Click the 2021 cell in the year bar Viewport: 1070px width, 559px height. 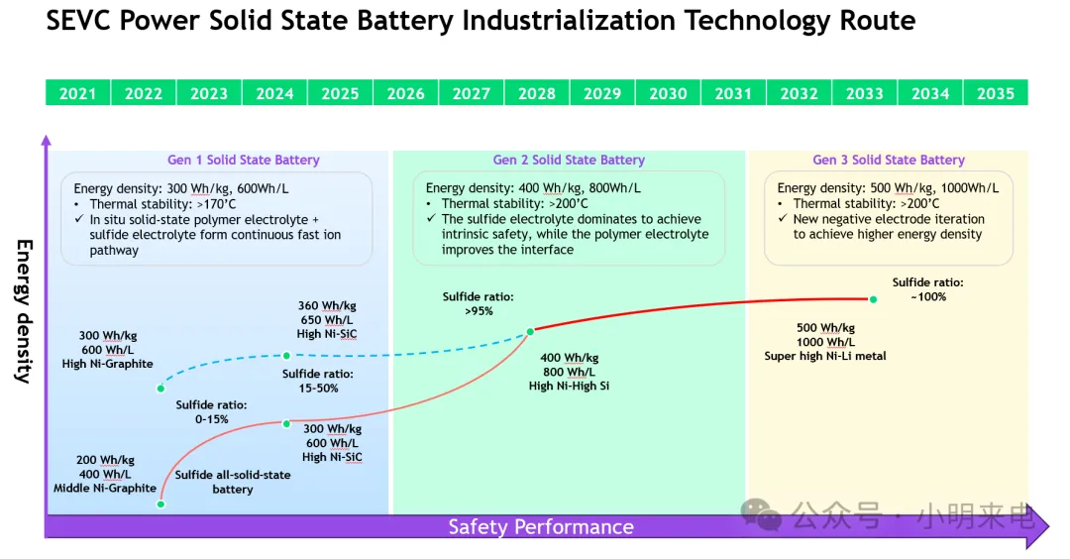pos(78,93)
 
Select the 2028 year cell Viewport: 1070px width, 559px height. pos(537,93)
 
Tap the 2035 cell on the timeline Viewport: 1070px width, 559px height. pos(996,93)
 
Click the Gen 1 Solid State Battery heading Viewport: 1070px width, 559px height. pos(244,160)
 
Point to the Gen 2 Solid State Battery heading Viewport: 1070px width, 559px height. pos(569,160)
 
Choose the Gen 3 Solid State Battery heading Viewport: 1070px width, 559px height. pos(889,160)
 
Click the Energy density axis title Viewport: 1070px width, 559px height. pos(25,311)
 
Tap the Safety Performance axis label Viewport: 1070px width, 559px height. pos(541,527)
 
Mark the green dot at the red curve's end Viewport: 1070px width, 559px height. pos(873,299)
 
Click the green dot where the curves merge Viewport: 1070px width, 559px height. pos(530,332)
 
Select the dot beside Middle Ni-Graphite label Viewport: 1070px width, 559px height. pos(160,504)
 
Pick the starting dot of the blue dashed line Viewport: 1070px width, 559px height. pos(160,389)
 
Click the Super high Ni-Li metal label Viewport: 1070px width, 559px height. pos(825,356)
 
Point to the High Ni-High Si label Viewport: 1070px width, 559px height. pos(569,386)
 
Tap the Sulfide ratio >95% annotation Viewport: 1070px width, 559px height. pos(478,303)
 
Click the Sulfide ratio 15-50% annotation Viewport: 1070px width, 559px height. pos(318,381)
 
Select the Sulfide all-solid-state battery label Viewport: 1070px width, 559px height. pos(233,482)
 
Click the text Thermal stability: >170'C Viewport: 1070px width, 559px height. pos(162,204)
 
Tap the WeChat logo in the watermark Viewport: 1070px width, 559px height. pos(761,514)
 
